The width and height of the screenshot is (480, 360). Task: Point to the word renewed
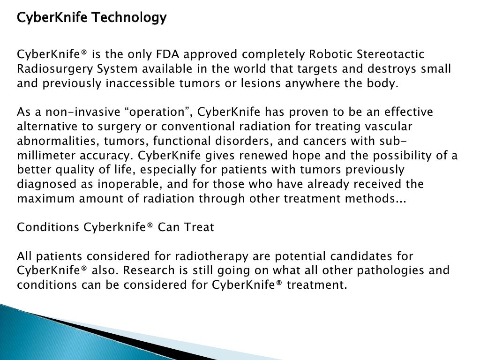click(300, 156)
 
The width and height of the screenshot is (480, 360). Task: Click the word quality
click(80, 170)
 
